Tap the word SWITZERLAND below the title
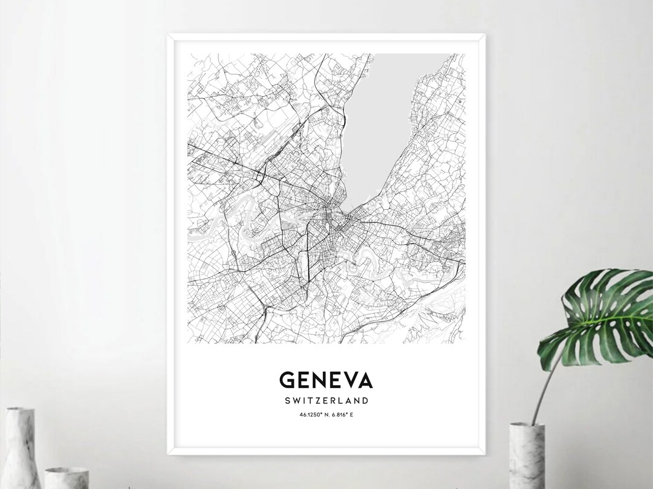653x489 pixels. [x=326, y=401]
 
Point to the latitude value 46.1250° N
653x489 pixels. [x=314, y=414]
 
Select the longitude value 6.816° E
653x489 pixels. [x=342, y=414]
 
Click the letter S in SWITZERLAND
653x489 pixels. [x=285, y=401]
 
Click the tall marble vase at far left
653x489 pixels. [x=21, y=447]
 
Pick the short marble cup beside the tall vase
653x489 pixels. [x=67, y=478]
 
